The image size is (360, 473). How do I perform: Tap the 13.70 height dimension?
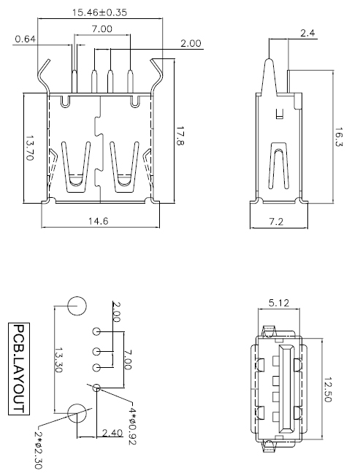pos(30,150)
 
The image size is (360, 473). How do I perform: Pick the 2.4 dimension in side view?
pos(307,33)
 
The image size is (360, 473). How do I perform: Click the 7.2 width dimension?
pos(276,220)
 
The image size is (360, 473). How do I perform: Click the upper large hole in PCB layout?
pos(76,307)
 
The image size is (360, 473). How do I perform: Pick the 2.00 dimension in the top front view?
pos(191,44)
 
